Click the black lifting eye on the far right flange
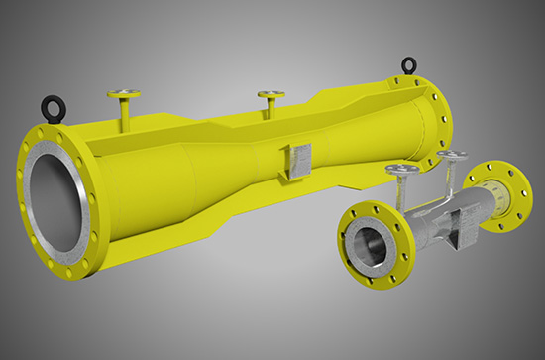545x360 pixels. pos(407,67)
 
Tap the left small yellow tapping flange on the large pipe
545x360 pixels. pos(124,95)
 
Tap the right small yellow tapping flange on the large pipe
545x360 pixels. pos(271,95)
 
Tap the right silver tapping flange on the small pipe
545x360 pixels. pos(453,157)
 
